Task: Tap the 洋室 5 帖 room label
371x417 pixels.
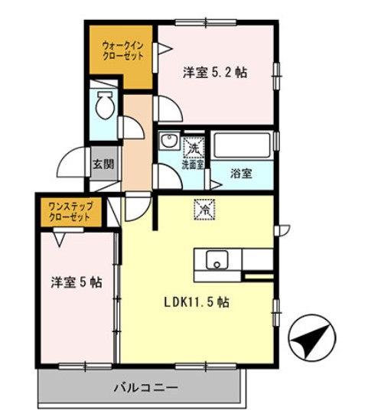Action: (x=76, y=282)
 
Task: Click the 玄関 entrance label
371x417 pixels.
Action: (x=103, y=164)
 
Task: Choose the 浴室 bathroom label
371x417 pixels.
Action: (x=242, y=174)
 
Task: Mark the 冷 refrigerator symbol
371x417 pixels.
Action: (x=205, y=207)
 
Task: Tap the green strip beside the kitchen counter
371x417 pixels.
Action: (x=258, y=273)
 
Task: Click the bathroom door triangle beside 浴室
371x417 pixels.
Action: (x=213, y=174)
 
